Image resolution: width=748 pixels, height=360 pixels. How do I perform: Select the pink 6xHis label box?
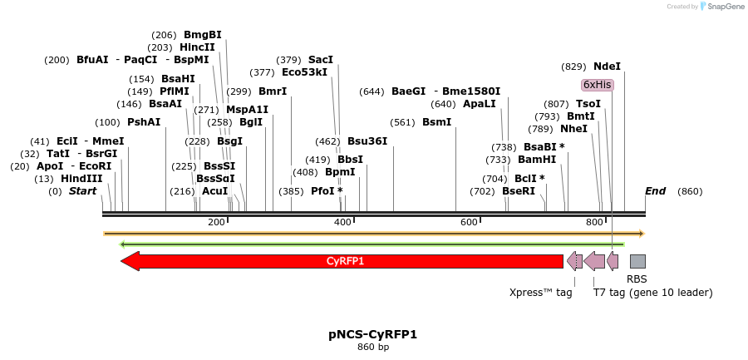coord(597,85)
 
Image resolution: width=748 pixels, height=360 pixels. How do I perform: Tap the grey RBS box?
coord(637,261)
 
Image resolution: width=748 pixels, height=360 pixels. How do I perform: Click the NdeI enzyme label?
coord(607,67)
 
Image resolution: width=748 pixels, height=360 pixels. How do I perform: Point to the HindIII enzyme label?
coord(81,179)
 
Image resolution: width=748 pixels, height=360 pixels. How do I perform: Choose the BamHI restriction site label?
coord(537,160)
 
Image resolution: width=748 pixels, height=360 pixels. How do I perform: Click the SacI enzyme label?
coord(320,60)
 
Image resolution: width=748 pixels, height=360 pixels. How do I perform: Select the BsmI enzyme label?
coord(436,122)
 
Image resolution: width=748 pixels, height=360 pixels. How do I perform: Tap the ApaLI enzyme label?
coord(479,104)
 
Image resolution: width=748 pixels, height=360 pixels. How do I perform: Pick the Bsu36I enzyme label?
coord(367,141)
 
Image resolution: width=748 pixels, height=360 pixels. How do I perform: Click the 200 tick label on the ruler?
coord(217,222)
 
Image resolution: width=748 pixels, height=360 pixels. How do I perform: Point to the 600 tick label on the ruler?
coord(469,222)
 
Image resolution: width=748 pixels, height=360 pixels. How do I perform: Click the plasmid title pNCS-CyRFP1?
coord(372,334)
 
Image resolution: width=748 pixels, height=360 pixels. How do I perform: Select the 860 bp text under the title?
coord(372,347)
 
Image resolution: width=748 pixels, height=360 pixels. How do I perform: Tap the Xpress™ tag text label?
coord(540,292)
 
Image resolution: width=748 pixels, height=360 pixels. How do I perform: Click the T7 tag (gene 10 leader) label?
coord(652,292)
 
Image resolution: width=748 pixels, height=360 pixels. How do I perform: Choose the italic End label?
coord(655,191)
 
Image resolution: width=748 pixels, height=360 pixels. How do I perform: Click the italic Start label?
coord(82,191)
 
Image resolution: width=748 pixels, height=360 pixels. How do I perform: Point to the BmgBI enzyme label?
coord(202,35)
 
